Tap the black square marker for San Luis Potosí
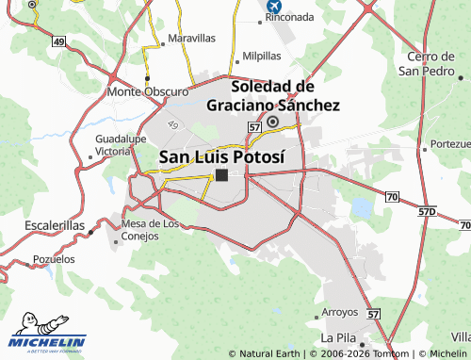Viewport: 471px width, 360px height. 221,175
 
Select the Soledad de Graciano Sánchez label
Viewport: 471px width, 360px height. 272,96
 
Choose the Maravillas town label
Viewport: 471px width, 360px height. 191,39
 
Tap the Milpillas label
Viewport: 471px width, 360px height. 262,56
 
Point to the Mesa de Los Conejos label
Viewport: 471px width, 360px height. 150,229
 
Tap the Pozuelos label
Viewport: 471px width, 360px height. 54,258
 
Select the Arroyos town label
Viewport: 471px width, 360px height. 340,312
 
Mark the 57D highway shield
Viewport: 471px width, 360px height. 427,212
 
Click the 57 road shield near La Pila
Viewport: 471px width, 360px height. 373,313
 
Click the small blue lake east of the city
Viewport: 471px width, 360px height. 361,206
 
